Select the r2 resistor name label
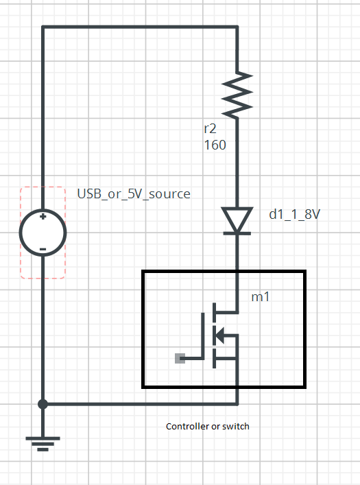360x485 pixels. tap(210, 129)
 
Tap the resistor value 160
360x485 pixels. tap(215, 145)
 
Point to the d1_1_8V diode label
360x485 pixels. tap(294, 214)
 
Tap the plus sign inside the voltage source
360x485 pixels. tap(43, 217)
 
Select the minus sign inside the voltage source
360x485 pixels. tap(43, 249)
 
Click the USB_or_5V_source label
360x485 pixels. tap(134, 194)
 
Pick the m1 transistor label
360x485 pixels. tap(261, 297)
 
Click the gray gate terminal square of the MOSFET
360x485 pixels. tap(180, 359)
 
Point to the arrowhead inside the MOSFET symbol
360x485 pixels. tap(219, 335)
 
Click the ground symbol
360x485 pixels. tap(43, 444)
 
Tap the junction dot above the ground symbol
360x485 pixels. tap(43, 404)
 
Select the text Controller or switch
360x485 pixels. tap(208, 426)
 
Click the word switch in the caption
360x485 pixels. tap(236, 426)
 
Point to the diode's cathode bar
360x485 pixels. tap(237, 233)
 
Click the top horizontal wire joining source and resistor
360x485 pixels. tap(140, 27)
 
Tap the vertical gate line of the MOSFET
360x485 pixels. tap(203, 336)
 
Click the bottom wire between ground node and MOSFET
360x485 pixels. tap(140, 404)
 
